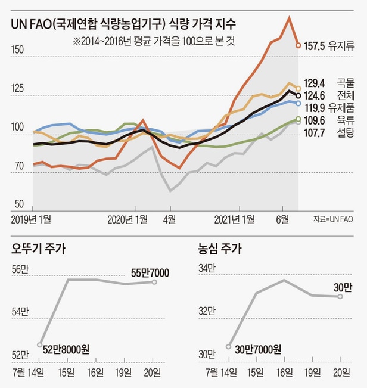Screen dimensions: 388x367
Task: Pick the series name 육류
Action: pyautogui.click(x=346, y=120)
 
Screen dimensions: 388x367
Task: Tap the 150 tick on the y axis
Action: pyautogui.click(x=17, y=50)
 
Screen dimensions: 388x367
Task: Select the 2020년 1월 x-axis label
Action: pyautogui.click(x=127, y=219)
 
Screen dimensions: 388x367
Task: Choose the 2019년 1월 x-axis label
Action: pyautogui.click(x=32, y=219)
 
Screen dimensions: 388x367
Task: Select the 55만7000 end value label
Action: pyautogui.click(x=150, y=273)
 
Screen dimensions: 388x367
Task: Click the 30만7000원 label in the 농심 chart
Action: pyautogui.click(x=257, y=350)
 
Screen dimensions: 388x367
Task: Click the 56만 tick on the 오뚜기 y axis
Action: pyautogui.click(x=20, y=268)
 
